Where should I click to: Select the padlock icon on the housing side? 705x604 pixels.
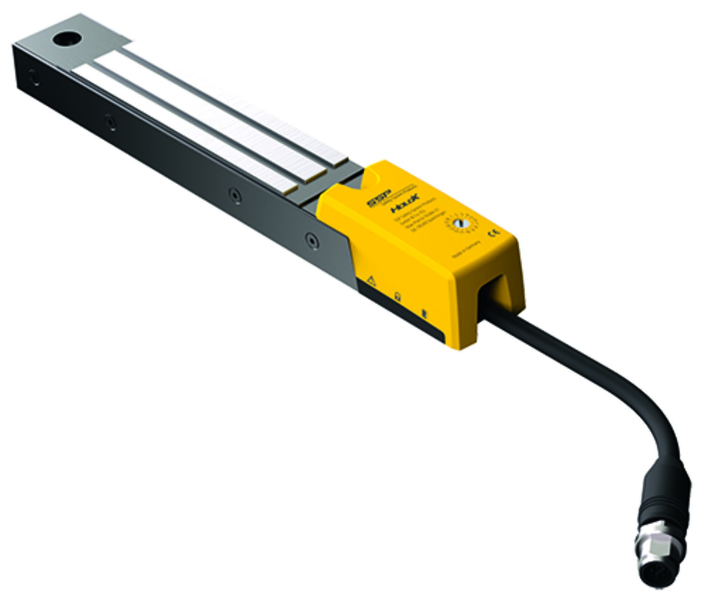pyautogui.click(x=398, y=297)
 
